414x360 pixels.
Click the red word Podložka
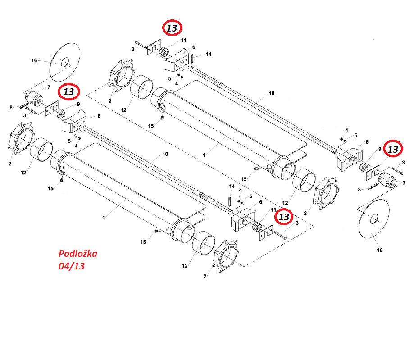click(x=77, y=254)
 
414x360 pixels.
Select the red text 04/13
click(x=72, y=266)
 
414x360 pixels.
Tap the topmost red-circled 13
click(x=172, y=27)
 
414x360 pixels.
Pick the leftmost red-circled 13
click(x=69, y=92)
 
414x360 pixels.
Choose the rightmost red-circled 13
click(x=393, y=148)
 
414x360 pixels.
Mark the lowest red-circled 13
click(x=284, y=217)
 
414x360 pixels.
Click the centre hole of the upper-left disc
click(x=64, y=61)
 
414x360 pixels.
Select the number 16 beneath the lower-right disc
click(x=380, y=250)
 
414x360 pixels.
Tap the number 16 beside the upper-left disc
click(x=34, y=60)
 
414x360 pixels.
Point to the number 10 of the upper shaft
click(x=272, y=93)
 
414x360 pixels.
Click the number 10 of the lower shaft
click(x=165, y=154)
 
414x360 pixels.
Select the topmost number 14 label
click(x=208, y=54)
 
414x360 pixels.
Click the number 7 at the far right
click(x=404, y=183)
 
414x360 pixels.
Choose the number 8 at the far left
click(x=11, y=107)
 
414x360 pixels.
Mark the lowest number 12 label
click(x=185, y=266)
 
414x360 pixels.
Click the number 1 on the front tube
click(x=103, y=218)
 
